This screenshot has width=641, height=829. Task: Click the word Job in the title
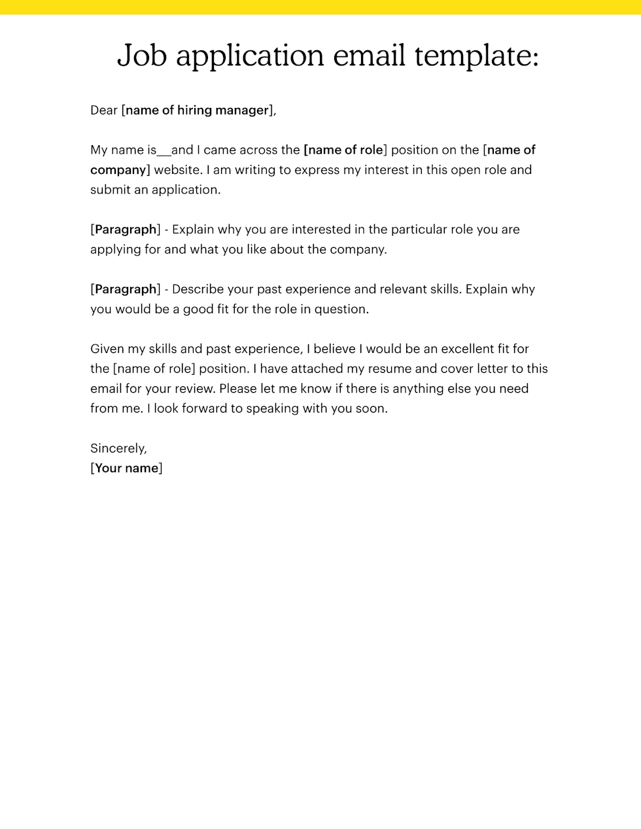tap(141, 56)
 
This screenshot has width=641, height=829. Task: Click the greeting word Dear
tap(104, 110)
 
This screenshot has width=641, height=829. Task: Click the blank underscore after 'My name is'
tap(164, 150)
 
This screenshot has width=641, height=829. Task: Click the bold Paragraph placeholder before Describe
tap(126, 289)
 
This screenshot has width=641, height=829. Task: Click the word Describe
tap(198, 289)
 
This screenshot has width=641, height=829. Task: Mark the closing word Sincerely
tap(118, 448)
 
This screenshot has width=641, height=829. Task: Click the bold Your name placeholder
tap(127, 468)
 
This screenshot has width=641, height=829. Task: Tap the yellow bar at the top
tap(320, 7)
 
